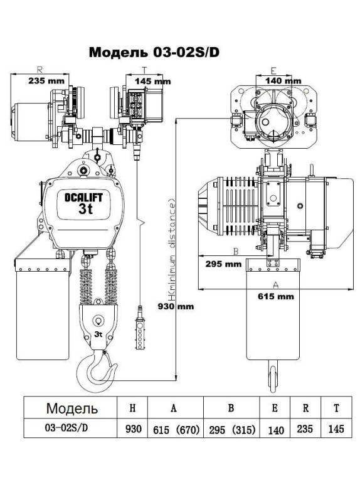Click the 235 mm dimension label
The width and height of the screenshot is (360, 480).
point(46,80)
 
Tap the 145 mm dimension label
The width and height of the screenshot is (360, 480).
point(153,81)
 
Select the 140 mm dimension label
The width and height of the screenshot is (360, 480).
point(282,80)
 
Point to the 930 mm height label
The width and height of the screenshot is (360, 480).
point(176,306)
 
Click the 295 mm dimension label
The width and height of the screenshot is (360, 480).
point(223,264)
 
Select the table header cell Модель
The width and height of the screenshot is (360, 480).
point(71,408)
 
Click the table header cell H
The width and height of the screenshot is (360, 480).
point(132,408)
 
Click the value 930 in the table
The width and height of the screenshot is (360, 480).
point(132,430)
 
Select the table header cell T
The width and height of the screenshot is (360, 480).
point(336,408)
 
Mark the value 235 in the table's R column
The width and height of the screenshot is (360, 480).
point(305,430)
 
